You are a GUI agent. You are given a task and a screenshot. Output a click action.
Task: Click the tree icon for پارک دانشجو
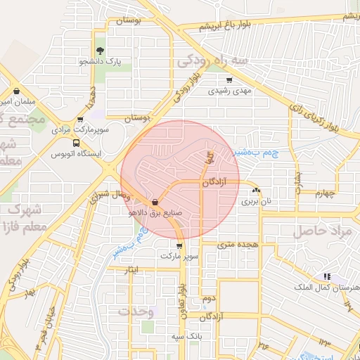100,50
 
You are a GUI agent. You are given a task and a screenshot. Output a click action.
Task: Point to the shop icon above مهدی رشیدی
229,79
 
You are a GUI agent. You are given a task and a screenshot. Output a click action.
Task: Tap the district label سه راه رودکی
212,62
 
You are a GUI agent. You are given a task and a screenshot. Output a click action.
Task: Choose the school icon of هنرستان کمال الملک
326,276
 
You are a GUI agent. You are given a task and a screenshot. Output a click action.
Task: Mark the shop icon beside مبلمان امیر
16,91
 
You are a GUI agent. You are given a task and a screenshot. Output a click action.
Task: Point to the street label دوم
209,299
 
